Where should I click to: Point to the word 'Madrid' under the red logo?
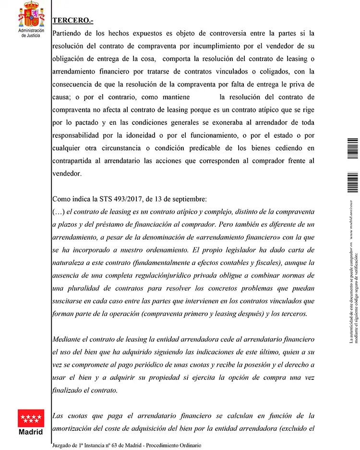[x=31, y=431]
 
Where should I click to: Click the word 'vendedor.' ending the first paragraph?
[x=67, y=174]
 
